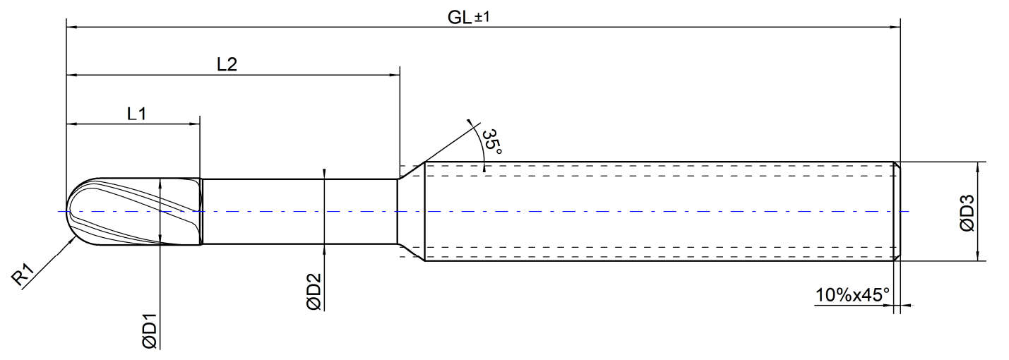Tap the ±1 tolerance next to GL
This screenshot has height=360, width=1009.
(x=482, y=17)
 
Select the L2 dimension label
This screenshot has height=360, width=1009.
(x=227, y=64)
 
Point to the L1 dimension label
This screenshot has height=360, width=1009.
(x=136, y=114)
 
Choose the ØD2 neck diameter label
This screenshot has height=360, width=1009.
(x=314, y=292)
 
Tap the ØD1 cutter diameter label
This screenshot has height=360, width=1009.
(x=150, y=330)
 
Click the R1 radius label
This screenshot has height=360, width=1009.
(x=23, y=275)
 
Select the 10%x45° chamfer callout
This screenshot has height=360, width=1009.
(x=853, y=295)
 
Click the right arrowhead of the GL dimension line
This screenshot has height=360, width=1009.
(x=895, y=27)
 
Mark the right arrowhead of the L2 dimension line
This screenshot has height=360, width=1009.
(x=395, y=75)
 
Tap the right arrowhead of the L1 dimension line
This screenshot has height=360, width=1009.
(x=195, y=124)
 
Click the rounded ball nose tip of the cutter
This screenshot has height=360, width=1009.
(x=68, y=211)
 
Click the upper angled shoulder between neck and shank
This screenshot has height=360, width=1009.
(x=411, y=170)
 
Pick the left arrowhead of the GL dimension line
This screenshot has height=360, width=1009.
(x=71, y=27)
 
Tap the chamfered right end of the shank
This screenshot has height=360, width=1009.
(x=897, y=211)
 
